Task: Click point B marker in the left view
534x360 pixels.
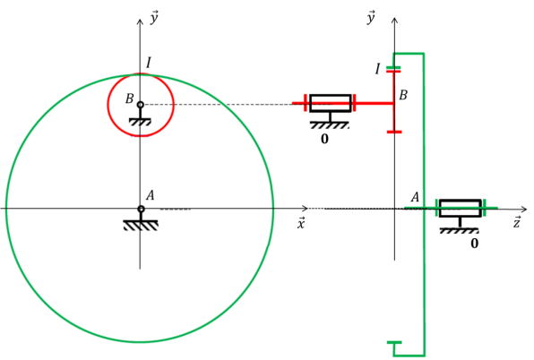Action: pyautogui.click(x=141, y=105)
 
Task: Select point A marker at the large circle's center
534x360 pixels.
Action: pyautogui.click(x=141, y=209)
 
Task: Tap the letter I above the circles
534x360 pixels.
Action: pyautogui.click(x=149, y=63)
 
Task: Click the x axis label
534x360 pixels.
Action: pyautogui.click(x=301, y=223)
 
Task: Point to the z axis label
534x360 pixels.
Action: pyautogui.click(x=517, y=222)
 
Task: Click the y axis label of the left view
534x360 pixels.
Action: pyautogui.click(x=154, y=18)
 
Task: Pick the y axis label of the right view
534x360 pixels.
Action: pyautogui.click(x=371, y=17)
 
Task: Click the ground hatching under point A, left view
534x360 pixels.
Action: pyautogui.click(x=141, y=226)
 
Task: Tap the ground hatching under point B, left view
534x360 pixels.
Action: pyautogui.click(x=141, y=122)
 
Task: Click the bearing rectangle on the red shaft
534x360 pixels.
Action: pyautogui.click(x=330, y=103)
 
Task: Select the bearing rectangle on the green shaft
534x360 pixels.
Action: pyautogui.click(x=461, y=209)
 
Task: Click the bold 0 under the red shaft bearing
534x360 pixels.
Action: pyautogui.click(x=324, y=139)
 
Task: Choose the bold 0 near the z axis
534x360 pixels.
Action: pyautogui.click(x=474, y=244)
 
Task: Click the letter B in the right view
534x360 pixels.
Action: pyautogui.click(x=403, y=95)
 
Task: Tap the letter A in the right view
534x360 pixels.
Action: pyautogui.click(x=415, y=197)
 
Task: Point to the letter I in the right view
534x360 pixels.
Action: pyautogui.click(x=377, y=69)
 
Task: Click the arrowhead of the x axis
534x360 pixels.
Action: pyautogui.click(x=306, y=208)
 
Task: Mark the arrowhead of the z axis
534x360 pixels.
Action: pyautogui.click(x=524, y=209)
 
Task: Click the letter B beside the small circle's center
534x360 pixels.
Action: pyautogui.click(x=129, y=99)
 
